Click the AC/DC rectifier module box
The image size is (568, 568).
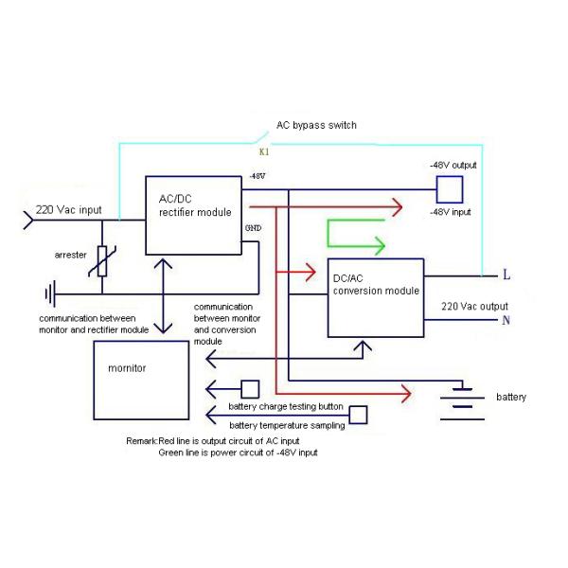193,215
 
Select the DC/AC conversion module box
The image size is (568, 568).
376,297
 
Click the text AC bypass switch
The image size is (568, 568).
316,125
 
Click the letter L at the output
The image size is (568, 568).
506,275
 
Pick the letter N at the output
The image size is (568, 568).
506,320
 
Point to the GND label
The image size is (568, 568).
253,229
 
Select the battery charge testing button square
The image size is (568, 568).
250,388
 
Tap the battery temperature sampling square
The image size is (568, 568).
359,414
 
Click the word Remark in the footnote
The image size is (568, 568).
142,441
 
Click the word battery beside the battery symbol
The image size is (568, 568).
511,398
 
